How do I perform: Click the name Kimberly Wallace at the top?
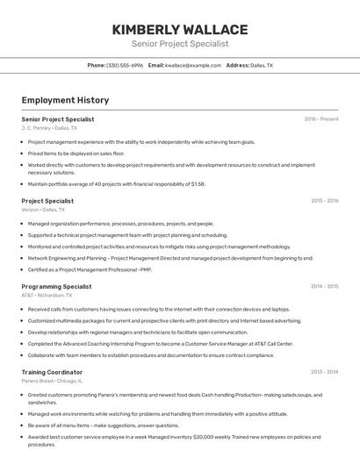(180, 30)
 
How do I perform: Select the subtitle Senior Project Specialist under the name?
(180, 44)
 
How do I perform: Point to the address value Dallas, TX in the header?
(262, 66)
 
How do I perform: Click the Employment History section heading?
(65, 100)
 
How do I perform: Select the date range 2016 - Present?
(321, 119)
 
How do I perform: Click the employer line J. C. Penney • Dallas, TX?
(49, 128)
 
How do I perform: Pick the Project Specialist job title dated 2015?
(47, 201)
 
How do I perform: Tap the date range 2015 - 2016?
(324, 201)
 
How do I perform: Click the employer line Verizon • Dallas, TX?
(43, 210)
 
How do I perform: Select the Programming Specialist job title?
(56, 286)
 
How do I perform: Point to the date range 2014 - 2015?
(324, 286)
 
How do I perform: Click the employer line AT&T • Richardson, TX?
(47, 296)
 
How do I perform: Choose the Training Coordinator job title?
(52, 372)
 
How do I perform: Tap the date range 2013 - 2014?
(324, 372)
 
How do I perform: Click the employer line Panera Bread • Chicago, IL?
(52, 381)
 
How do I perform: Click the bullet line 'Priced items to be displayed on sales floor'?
(76, 153)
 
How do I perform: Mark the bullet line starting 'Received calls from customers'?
(158, 309)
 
